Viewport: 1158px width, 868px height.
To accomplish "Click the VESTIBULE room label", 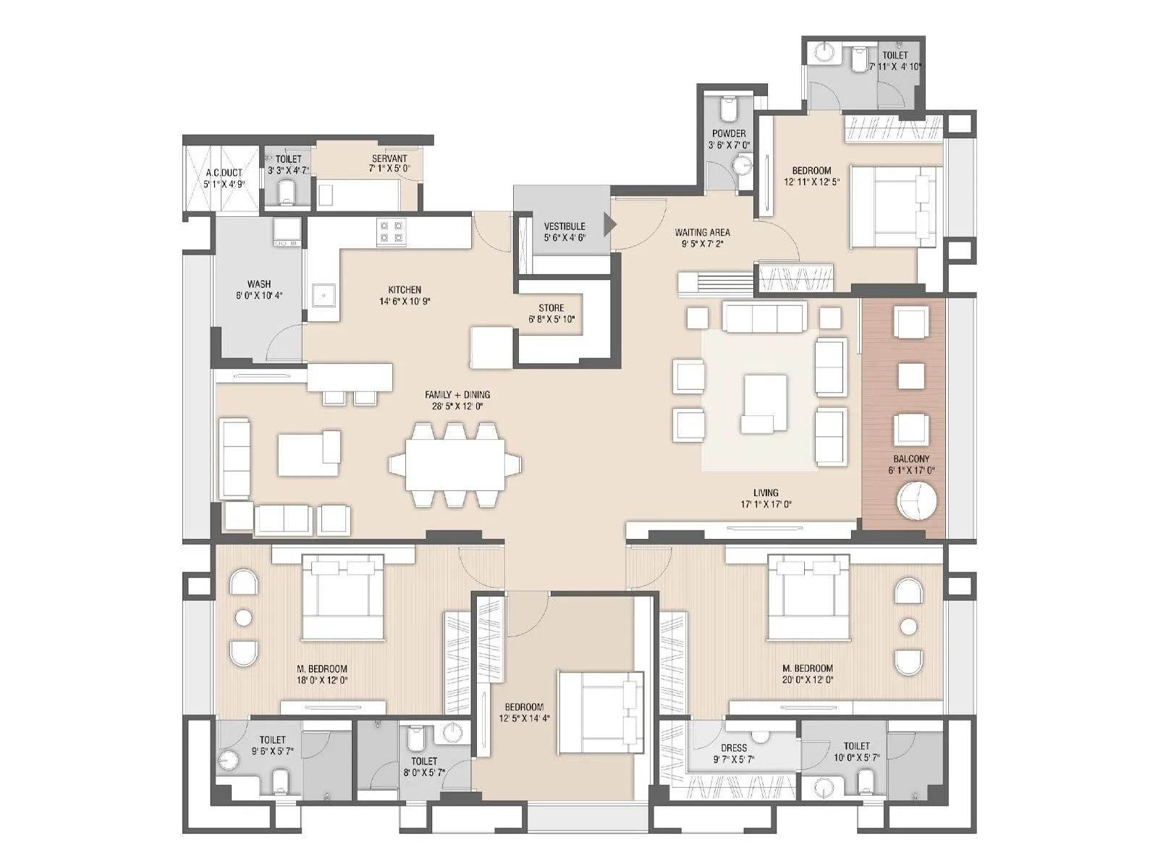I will click(x=564, y=226).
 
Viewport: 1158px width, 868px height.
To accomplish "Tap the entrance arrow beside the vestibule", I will click(x=609, y=225).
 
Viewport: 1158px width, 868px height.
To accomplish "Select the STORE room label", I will click(x=551, y=307).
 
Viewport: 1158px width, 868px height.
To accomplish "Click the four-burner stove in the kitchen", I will click(x=392, y=231).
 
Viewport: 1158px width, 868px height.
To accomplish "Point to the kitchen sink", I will click(x=323, y=295).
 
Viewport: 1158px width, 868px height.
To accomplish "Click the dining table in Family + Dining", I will click(x=455, y=464).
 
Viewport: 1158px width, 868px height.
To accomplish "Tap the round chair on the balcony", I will click(x=917, y=501).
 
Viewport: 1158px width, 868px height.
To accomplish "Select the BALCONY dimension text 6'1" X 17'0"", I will click(x=911, y=470).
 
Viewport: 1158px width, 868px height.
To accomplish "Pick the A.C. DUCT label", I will click(x=224, y=173).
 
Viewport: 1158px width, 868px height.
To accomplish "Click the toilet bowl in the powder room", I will click(x=728, y=110).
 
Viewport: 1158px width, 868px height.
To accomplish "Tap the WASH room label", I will click(x=258, y=284).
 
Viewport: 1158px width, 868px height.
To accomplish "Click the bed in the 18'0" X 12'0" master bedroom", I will click(x=342, y=597).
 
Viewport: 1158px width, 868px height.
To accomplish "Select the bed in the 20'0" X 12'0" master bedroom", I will click(x=808, y=597).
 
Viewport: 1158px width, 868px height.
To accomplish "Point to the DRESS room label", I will click(x=733, y=749).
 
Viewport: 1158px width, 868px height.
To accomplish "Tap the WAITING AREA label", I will click(x=702, y=232).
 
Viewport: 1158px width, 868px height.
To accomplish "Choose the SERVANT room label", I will click(x=389, y=158).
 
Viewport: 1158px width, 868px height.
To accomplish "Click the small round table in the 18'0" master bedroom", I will click(x=244, y=618).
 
